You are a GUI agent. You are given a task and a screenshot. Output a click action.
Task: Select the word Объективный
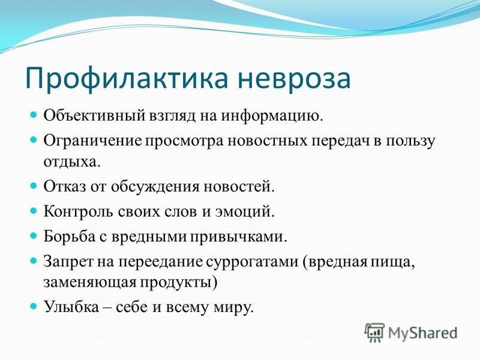tap(94, 116)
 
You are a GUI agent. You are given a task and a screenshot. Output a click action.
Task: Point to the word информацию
tap(272, 116)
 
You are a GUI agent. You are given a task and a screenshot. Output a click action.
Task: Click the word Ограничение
tap(93, 141)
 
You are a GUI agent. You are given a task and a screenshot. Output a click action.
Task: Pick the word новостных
tap(268, 141)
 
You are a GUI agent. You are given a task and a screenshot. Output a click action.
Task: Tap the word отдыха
tap(72, 161)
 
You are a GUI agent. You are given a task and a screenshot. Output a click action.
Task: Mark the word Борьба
tap(69, 236)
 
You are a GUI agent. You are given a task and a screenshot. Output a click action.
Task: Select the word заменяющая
tap(89, 282)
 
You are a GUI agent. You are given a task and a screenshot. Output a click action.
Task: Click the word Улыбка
tap(71, 307)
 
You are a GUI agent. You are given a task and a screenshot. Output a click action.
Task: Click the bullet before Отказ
tap(34, 186)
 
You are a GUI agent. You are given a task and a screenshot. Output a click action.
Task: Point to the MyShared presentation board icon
tap(374, 332)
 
